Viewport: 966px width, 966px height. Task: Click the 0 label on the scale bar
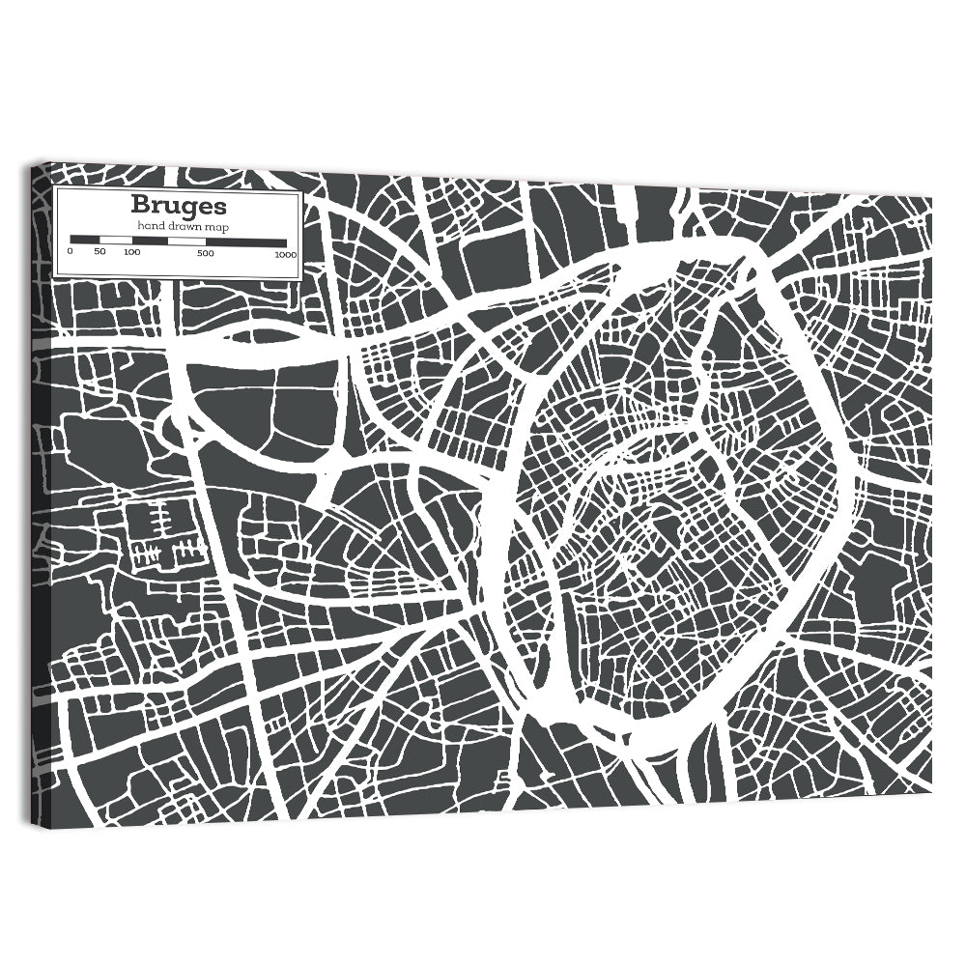[x=70, y=252]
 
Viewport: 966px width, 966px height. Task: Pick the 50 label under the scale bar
[x=99, y=252]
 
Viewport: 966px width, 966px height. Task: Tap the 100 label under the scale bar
[x=132, y=252]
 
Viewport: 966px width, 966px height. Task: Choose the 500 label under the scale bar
[x=206, y=253]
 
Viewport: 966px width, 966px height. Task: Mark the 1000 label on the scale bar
[x=285, y=254]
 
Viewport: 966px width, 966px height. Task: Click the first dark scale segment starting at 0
[x=85, y=240]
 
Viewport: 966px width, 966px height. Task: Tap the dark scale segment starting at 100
[x=150, y=240]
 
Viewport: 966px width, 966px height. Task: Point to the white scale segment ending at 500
[x=188, y=241]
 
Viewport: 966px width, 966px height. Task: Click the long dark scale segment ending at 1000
[x=247, y=241]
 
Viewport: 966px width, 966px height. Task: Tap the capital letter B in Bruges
[x=141, y=206]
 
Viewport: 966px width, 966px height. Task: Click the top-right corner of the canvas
[x=931, y=197]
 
